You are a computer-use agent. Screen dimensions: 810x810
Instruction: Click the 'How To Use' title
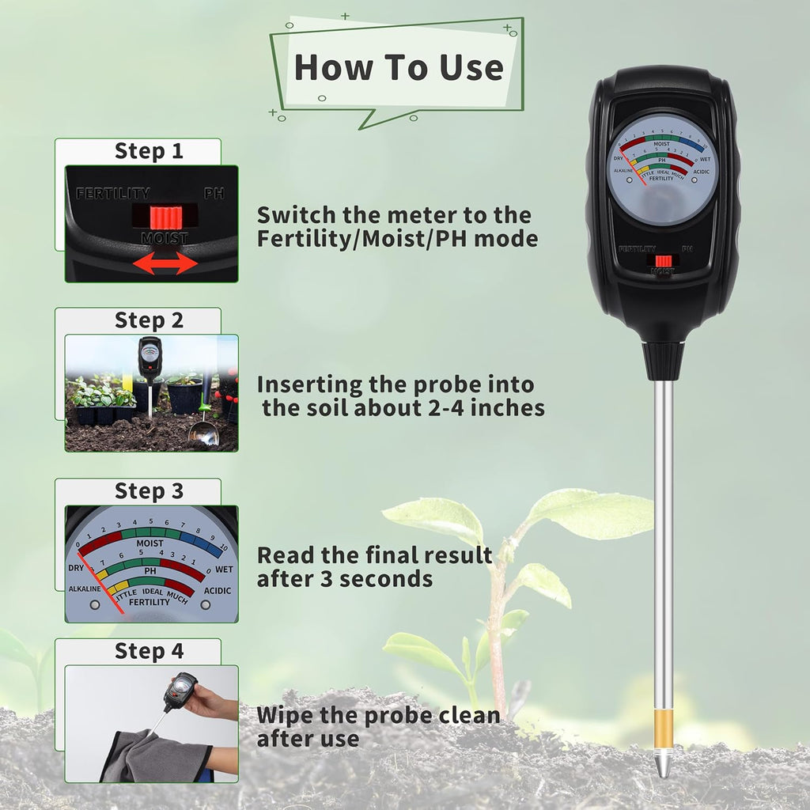coord(399,67)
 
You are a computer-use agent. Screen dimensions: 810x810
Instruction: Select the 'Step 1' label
coord(149,151)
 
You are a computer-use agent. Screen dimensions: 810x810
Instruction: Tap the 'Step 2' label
coord(149,320)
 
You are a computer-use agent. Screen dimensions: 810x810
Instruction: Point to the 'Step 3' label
coord(149,491)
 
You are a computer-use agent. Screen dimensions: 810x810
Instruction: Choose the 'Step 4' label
coord(149,651)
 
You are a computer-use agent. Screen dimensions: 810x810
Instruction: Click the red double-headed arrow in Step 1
coord(165,263)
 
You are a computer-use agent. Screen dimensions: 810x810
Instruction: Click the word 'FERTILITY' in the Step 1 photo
coord(113,193)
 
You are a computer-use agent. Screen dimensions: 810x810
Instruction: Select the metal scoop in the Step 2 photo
coord(203,431)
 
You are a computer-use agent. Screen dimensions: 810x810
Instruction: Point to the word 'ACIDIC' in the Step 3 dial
coord(217,590)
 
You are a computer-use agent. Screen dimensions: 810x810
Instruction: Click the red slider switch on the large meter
coord(663,260)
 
